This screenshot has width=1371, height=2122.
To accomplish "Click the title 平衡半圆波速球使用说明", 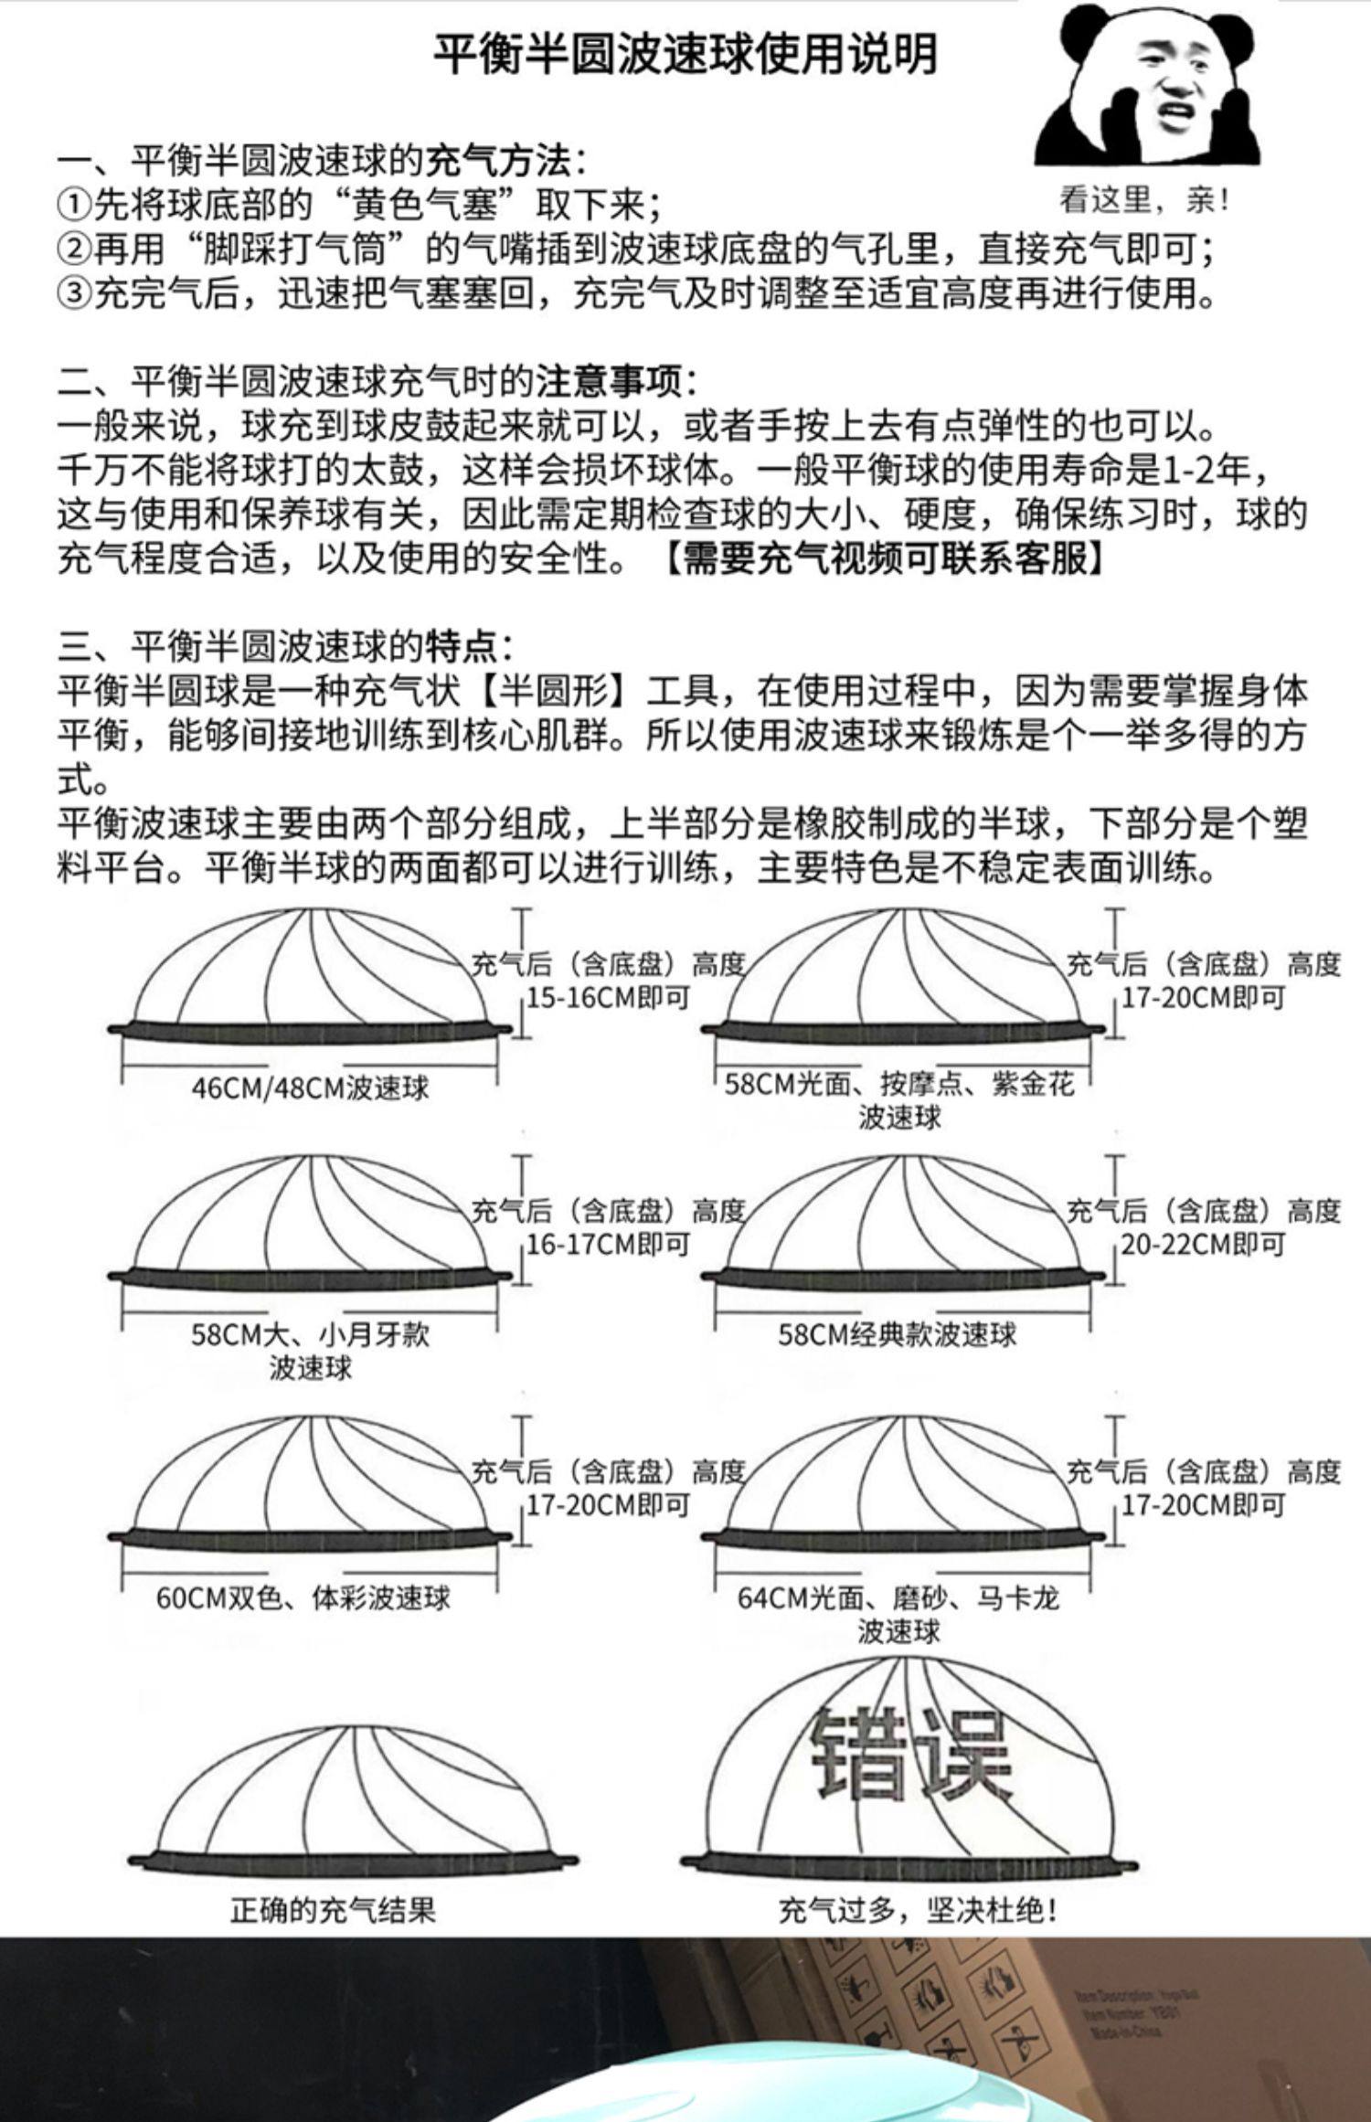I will click(x=685, y=55).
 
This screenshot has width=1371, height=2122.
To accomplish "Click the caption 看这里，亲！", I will click(x=1143, y=200).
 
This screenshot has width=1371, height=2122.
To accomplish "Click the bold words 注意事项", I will click(x=609, y=381).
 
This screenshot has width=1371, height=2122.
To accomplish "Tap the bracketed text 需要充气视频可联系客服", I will click(x=882, y=557).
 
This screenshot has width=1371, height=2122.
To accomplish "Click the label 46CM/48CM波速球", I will click(x=311, y=1088).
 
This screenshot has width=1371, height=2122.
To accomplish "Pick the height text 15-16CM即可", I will click(x=608, y=997).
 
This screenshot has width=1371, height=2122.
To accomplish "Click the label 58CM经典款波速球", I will click(x=897, y=1335).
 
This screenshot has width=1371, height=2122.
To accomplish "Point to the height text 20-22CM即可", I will click(x=1203, y=1244).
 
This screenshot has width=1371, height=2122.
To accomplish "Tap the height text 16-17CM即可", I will click(x=608, y=1244).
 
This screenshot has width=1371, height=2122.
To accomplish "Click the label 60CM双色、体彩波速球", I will click(x=303, y=1597).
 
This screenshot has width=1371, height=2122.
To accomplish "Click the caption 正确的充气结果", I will click(x=334, y=1909).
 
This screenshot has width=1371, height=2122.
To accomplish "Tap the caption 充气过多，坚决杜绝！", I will click(x=919, y=1909).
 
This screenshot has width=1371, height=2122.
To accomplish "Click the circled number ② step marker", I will click(x=74, y=249).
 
